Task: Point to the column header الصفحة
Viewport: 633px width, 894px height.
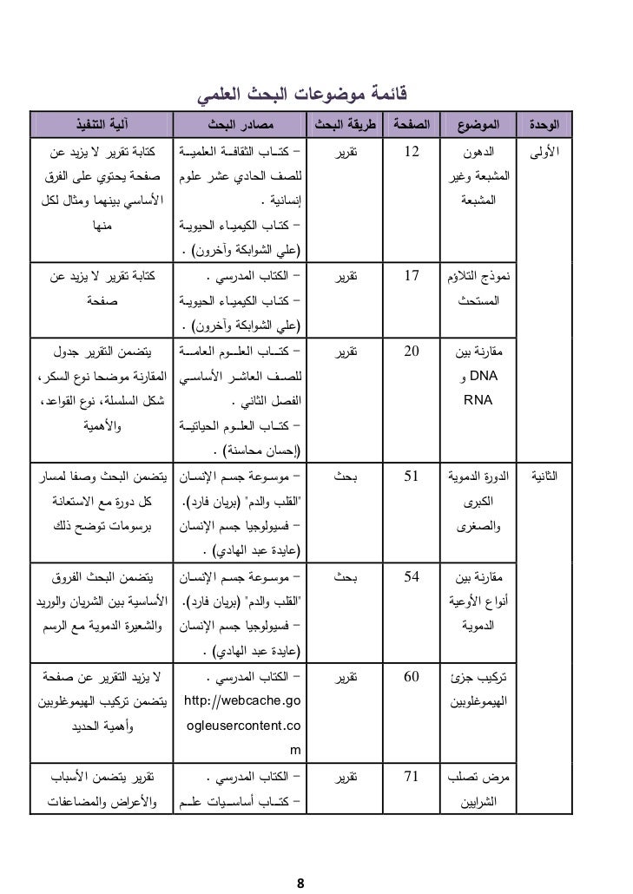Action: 413,125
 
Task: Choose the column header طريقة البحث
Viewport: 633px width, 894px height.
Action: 346,125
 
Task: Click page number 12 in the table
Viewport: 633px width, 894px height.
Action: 412,154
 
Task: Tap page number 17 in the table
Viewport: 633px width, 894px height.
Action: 412,279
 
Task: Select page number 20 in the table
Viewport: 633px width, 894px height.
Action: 412,353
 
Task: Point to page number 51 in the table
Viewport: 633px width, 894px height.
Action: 412,477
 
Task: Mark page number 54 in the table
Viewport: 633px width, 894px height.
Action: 412,575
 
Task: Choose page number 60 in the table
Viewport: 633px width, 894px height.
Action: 412,675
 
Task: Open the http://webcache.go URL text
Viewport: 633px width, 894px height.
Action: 242,700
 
